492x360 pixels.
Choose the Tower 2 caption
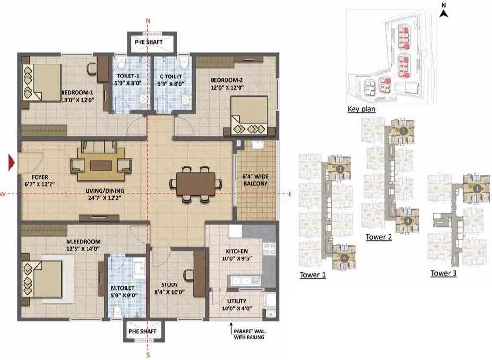pyautogui.click(x=378, y=237)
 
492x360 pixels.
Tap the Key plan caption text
pyautogui.click(x=361, y=109)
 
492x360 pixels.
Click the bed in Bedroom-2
pyautogui.click(x=249, y=116)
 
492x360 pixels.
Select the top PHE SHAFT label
pyautogui.click(x=148, y=42)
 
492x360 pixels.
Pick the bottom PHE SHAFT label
pyautogui.click(x=142, y=332)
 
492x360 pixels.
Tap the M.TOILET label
pyautogui.click(x=122, y=292)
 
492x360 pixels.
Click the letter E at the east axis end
pyautogui.click(x=290, y=194)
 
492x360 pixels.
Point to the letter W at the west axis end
pyautogui.click(x=3, y=194)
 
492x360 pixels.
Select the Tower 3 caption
pyautogui.click(x=443, y=273)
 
